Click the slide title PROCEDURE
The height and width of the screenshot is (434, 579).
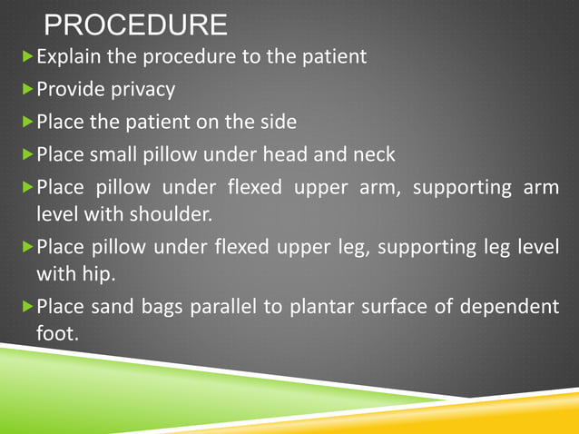click(136, 25)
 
